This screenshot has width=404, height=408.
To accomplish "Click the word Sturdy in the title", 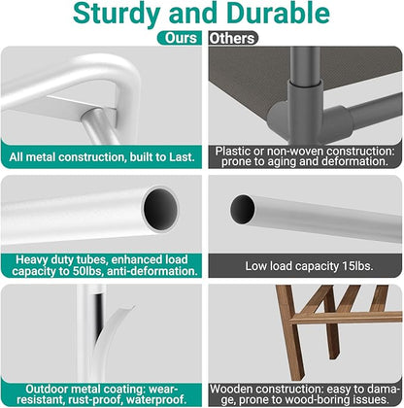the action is click(x=117, y=14).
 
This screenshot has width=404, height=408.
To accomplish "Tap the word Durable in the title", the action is click(x=278, y=13).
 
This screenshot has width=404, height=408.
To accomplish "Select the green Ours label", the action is click(x=180, y=38).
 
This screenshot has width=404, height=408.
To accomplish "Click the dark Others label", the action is click(x=232, y=38).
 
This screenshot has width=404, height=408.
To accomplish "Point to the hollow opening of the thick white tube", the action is click(x=160, y=208).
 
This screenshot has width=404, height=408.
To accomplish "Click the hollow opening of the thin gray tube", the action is click(x=242, y=209).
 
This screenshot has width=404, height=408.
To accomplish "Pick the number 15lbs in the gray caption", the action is click(x=357, y=266).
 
